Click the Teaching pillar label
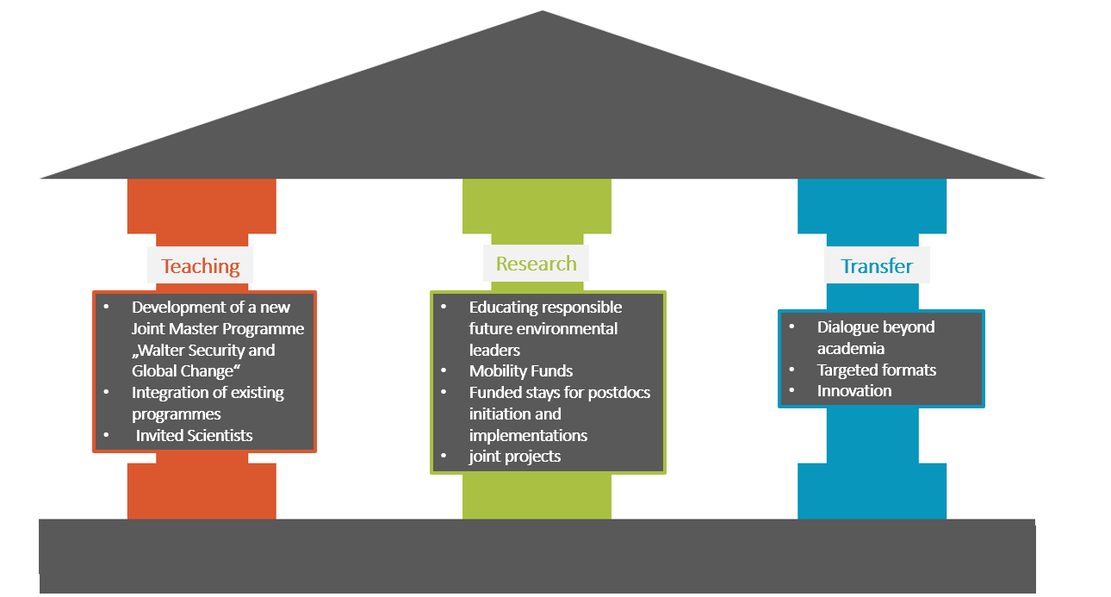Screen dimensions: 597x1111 click(201, 266)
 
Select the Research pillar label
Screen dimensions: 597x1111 click(536, 264)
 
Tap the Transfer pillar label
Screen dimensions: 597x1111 click(876, 266)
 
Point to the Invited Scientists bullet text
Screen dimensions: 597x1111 click(195, 435)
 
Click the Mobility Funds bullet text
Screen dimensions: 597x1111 click(520, 371)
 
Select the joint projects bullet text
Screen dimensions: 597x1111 click(514, 457)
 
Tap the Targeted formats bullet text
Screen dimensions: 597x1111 click(876, 370)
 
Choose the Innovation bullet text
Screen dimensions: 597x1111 click(854, 391)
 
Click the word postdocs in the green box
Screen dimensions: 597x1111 click(620, 393)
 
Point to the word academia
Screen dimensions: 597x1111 click(851, 349)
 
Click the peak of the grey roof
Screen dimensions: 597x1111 click(543, 14)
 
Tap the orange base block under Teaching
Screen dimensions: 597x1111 click(202, 491)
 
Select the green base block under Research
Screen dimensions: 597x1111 click(537, 495)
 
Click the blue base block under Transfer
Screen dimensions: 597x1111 click(872, 491)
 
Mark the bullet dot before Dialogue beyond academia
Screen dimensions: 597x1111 click(791, 327)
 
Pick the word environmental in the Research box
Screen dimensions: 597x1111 click(574, 329)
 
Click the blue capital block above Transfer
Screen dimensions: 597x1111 click(872, 206)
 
